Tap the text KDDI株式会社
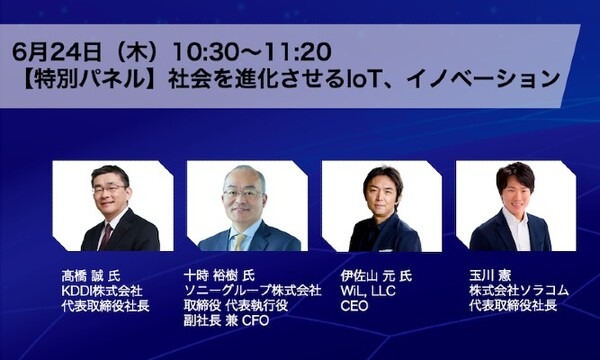coord(102,290)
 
